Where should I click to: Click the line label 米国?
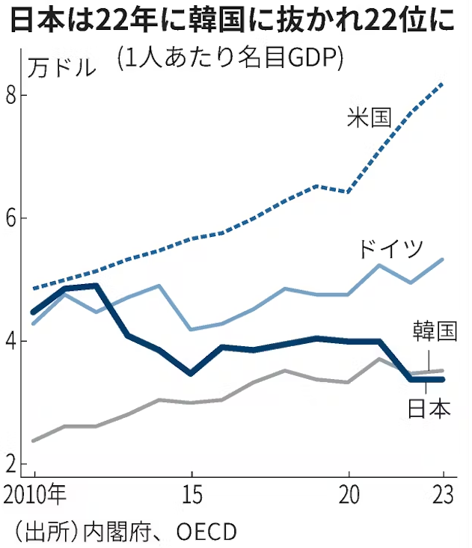pyautogui.click(x=370, y=117)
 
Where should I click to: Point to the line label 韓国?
pyautogui.click(x=434, y=331)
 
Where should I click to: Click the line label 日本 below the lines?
pyautogui.click(x=429, y=408)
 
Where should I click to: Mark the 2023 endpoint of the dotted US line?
pyautogui.click(x=444, y=84)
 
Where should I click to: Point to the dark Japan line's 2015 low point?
pyautogui.click(x=191, y=372)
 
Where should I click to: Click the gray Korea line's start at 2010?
pyautogui.click(x=34, y=440)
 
